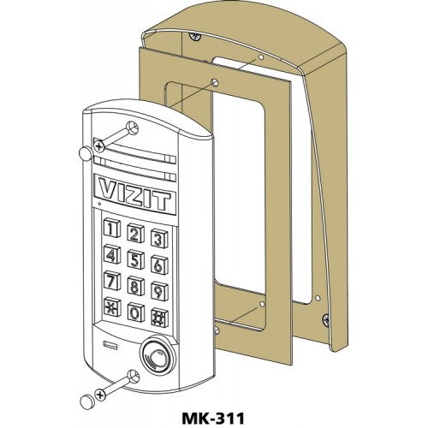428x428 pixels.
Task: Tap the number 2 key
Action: click(x=135, y=233)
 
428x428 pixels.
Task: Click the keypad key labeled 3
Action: click(x=159, y=238)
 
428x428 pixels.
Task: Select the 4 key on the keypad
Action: click(x=112, y=254)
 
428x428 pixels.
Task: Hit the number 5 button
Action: click(x=135, y=259)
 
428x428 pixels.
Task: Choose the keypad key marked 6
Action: click(x=159, y=265)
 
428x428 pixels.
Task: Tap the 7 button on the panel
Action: click(x=112, y=280)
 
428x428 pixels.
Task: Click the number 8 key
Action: click(x=135, y=286)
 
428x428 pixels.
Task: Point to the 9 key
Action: click(x=159, y=291)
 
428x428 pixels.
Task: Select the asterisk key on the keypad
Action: click(x=112, y=307)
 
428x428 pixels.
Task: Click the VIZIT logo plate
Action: click(x=134, y=193)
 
